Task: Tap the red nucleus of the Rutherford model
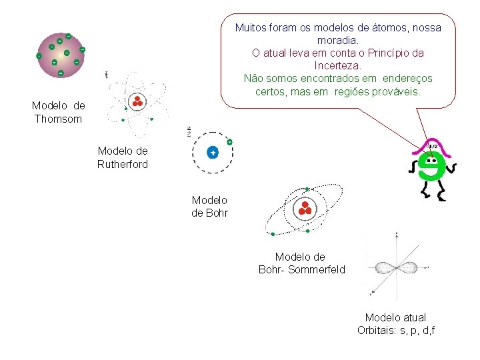[138, 101]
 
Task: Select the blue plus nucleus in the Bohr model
[212, 153]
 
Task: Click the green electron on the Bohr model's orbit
[229, 141]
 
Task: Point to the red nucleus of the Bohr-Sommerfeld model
[306, 207]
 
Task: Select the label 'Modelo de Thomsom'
[58, 112]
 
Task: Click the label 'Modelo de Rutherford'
[123, 157]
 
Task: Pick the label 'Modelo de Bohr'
[209, 206]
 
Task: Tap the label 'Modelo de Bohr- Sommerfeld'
[301, 263]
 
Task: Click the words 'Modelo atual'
[395, 317]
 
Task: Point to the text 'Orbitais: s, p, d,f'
[396, 330]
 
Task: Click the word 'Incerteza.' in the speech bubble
[337, 65]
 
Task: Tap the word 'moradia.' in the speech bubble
[337, 40]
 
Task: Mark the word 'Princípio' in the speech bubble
[379, 53]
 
